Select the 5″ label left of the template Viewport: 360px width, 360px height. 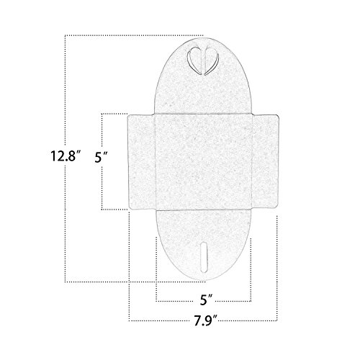[x=101, y=158]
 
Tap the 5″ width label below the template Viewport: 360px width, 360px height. [x=207, y=300]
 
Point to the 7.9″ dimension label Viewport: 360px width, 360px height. [x=206, y=320]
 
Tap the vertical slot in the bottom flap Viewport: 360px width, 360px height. [x=204, y=257]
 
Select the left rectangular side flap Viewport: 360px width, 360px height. [x=141, y=162]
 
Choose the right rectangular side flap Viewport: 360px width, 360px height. [x=265, y=161]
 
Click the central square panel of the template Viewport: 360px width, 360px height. [x=204, y=162]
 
